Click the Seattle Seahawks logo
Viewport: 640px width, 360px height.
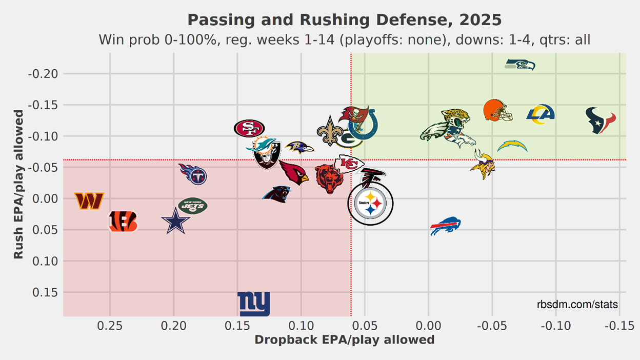[520, 65]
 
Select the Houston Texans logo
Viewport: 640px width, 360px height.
[601, 121]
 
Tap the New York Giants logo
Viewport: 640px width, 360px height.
[254, 304]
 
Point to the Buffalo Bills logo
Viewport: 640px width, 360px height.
[445, 226]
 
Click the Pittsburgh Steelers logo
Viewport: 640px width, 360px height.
[370, 204]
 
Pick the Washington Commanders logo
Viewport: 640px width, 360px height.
[89, 201]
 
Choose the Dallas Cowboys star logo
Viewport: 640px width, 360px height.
[176, 222]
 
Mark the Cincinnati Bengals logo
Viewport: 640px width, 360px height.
[123, 222]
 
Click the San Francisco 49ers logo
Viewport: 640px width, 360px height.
[249, 128]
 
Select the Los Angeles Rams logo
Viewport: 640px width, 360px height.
[541, 113]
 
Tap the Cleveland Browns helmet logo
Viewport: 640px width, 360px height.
[497, 110]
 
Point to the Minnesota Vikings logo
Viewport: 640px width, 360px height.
[483, 164]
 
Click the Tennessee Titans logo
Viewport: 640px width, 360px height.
[194, 174]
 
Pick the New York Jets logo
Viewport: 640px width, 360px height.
[193, 206]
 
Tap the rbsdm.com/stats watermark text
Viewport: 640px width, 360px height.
[577, 305]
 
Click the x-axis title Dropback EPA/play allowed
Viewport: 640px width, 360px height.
[345, 340]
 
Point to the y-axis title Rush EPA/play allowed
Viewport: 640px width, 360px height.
[18, 184]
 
